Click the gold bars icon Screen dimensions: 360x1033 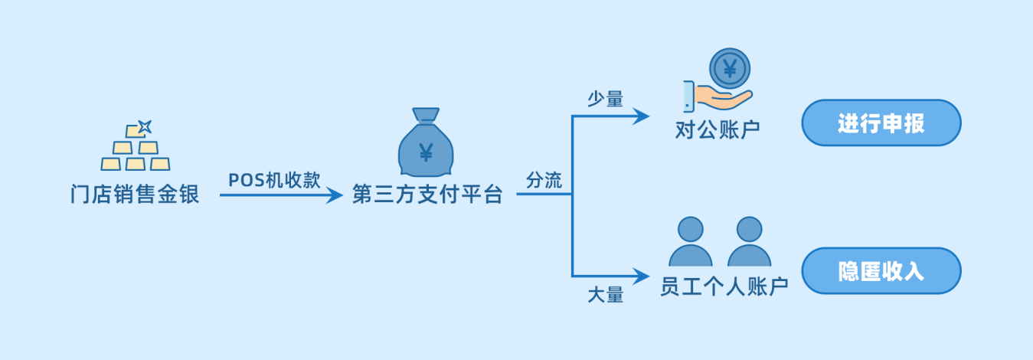click(x=136, y=154)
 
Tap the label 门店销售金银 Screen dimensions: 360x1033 click(x=135, y=195)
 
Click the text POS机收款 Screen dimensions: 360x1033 click(x=274, y=179)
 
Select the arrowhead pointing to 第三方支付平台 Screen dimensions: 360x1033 click(x=335, y=195)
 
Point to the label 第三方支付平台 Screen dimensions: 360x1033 click(x=427, y=195)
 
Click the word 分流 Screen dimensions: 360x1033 click(x=544, y=181)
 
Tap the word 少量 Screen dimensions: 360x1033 click(x=605, y=99)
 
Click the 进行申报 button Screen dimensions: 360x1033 click(x=881, y=123)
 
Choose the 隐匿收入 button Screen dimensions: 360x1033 click(x=881, y=270)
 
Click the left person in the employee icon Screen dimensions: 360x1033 click(x=691, y=243)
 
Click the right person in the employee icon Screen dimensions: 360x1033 click(x=749, y=243)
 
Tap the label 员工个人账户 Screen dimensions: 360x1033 click(x=724, y=287)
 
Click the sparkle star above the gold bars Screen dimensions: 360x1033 click(x=144, y=126)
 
